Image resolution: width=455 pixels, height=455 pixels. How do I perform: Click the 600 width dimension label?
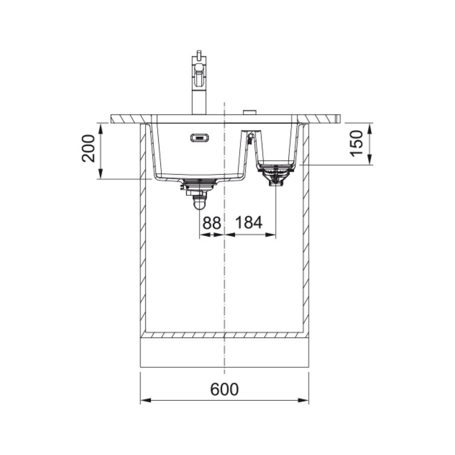224,389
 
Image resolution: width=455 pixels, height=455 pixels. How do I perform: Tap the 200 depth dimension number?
88,148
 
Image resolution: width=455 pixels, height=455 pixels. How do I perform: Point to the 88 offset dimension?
212,223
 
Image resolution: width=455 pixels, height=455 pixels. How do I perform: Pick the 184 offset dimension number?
249,223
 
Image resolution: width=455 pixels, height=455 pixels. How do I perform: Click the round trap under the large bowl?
200,202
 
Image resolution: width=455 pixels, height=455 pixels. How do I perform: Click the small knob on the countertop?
250,112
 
